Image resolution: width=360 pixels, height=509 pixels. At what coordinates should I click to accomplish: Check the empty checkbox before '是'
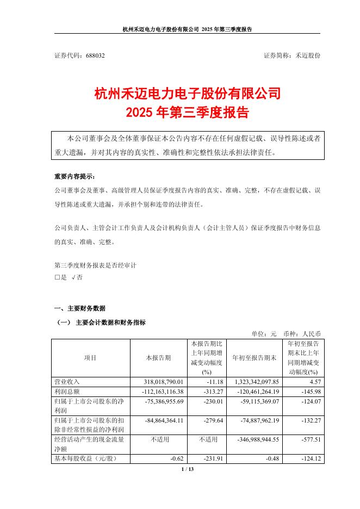coord(57,277)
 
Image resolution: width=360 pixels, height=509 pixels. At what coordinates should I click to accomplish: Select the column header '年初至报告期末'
coord(255,358)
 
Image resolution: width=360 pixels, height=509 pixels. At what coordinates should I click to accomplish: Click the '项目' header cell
coord(90,358)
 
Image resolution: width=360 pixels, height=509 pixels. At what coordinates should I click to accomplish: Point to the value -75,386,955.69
coord(163,401)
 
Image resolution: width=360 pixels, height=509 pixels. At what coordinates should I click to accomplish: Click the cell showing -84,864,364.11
coord(163,421)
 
